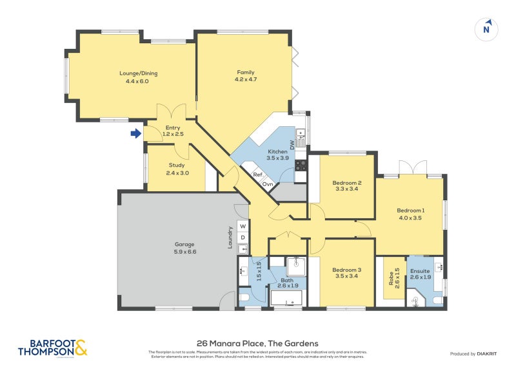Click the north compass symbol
tap(488, 28)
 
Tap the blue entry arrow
tap(135, 133)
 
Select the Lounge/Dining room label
tap(138, 73)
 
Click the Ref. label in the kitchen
tap(257, 174)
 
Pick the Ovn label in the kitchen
tap(267, 184)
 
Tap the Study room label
tap(176, 165)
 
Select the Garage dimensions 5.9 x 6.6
tap(184, 252)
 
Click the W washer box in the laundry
tap(243, 227)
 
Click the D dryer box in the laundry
tap(243, 238)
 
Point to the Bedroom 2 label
tap(348, 182)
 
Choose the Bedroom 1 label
tap(410, 211)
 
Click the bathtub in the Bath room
tap(288, 298)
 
